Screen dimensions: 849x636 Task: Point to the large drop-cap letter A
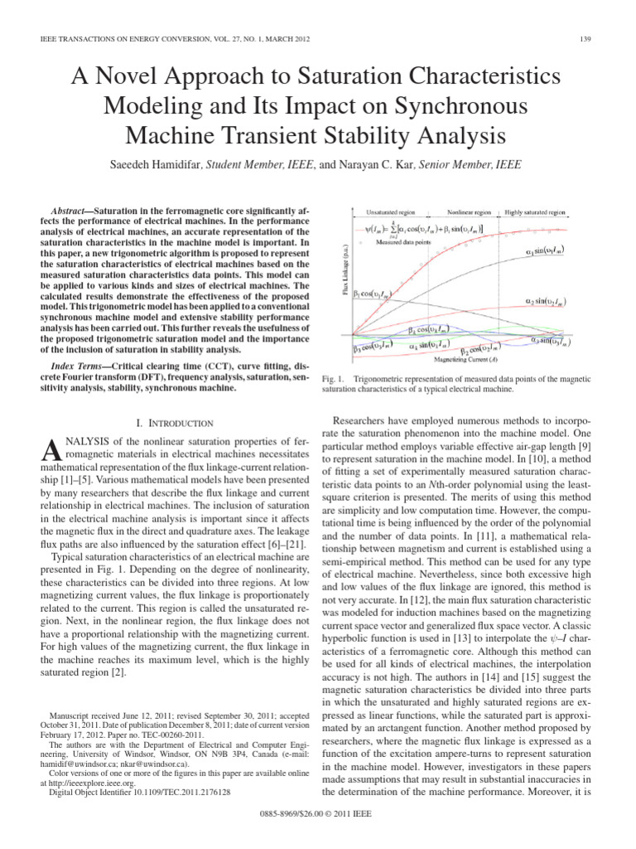click(51, 453)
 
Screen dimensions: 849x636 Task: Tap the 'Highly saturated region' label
click(535, 212)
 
